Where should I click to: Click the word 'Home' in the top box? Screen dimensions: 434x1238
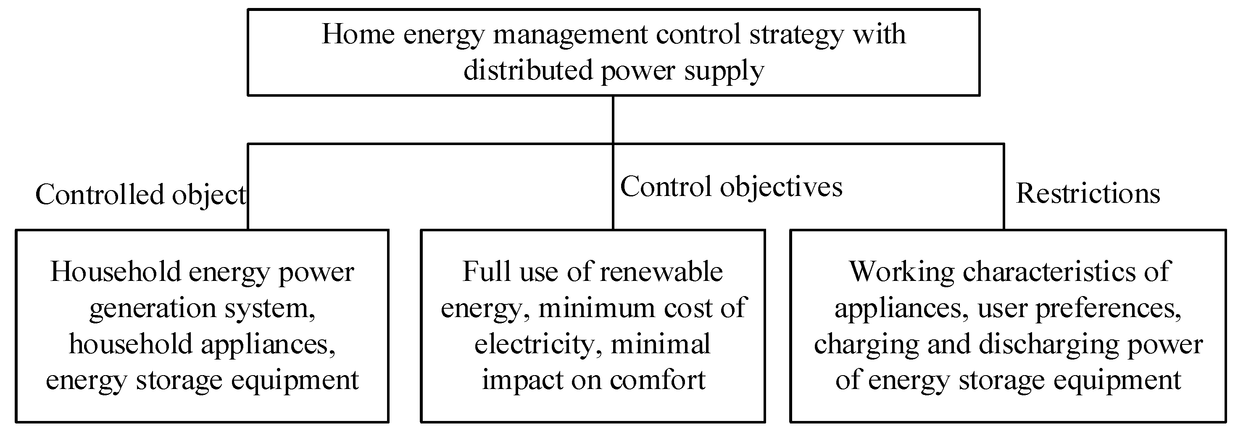358,34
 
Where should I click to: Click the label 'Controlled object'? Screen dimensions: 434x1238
141,195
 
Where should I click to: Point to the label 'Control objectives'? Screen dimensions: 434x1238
731,187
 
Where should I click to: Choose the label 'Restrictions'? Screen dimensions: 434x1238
1088,193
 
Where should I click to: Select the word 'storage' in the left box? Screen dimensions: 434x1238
179,380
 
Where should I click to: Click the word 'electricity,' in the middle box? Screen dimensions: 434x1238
538,344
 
